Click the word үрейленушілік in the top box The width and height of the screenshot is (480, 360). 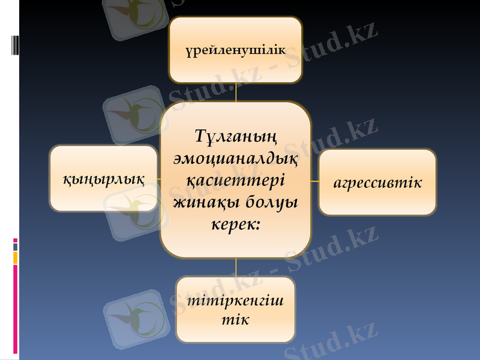pos(235,50)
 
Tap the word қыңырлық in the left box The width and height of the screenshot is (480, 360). pos(104,178)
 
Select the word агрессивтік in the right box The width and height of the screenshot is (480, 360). pos(377,182)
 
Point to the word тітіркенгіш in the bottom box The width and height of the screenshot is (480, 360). pos(236,300)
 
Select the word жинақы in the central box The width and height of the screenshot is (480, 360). pos(203,202)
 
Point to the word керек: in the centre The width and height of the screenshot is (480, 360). pos(236,224)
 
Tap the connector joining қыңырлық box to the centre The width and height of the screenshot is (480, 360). pos(158,179)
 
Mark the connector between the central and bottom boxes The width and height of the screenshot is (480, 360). pos(236,268)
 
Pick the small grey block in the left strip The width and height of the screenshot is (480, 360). pos(16,247)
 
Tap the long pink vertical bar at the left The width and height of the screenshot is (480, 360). pos(16,309)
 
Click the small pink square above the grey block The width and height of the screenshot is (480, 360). pos(16,240)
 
